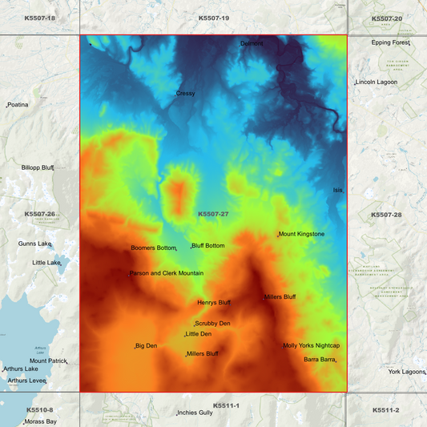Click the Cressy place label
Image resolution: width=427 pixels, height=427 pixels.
[x=186, y=94]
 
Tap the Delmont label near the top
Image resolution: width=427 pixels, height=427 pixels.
[x=252, y=43]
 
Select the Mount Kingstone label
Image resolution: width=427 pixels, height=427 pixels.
[x=302, y=234]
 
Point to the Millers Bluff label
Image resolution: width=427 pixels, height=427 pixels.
[x=280, y=296]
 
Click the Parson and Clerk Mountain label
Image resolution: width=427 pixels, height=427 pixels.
[x=167, y=273]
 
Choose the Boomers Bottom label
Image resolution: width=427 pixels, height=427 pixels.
[x=153, y=248]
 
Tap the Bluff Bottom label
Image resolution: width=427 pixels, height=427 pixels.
[x=208, y=246]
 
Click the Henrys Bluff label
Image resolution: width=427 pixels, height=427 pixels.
[x=213, y=303]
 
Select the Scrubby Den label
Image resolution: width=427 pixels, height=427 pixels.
[x=212, y=324]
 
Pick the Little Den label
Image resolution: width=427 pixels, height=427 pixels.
[x=199, y=334]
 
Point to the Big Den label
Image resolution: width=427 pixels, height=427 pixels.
[x=147, y=345]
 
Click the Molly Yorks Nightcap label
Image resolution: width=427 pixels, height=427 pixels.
[x=312, y=345]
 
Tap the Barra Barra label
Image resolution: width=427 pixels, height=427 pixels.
[x=320, y=360]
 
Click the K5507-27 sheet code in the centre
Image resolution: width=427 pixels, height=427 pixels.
[x=213, y=214]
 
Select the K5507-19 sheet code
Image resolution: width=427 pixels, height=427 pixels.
[x=213, y=18]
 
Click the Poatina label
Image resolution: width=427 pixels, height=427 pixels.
[x=18, y=104]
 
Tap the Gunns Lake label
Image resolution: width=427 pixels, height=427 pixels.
[x=35, y=244]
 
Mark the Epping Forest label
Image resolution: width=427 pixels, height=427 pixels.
[x=391, y=42]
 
